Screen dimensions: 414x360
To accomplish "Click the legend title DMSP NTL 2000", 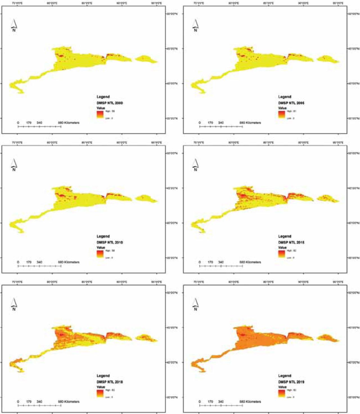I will pos(110,103).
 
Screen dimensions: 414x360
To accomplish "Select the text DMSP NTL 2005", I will pos(291,103).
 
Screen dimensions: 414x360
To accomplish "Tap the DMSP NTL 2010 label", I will pos(110,242).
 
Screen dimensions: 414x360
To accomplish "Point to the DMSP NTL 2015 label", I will pos(291,242).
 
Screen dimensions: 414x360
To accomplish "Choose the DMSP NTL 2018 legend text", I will pos(110,382).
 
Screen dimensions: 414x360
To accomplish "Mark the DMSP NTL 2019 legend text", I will pos(291,382).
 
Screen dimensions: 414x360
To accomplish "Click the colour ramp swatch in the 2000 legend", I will pos(100,115).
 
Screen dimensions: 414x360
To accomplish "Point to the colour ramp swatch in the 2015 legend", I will pos(282,254).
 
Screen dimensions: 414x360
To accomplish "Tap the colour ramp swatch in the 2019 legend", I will pos(282,393).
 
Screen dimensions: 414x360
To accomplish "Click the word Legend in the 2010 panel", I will pos(103,236).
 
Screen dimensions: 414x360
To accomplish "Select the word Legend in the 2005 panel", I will pos(285,97).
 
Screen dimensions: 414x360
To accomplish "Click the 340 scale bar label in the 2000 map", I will pos(39,123).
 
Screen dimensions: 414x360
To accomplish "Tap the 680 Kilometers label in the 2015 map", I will pos(250,262).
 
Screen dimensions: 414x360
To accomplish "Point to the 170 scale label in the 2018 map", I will pos(29,402).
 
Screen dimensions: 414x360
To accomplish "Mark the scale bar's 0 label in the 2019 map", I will pos(200,402).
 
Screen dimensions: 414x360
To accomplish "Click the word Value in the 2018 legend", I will pos(101,387).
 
